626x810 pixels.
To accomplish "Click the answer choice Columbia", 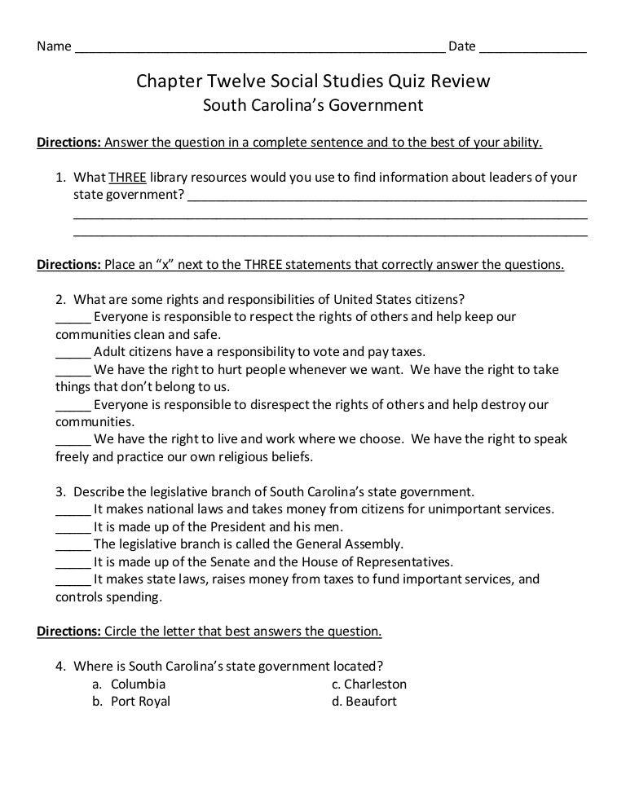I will (x=138, y=684).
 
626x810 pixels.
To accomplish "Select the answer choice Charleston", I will (x=375, y=684).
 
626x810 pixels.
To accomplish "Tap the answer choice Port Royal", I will (x=140, y=701).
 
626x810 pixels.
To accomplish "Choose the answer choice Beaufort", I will (x=370, y=701).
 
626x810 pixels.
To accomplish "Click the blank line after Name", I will (x=259, y=46).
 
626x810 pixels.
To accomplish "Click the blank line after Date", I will (x=532, y=46).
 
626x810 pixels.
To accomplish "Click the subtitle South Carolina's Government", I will (x=312, y=105).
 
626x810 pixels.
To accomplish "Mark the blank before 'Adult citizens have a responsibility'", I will (x=73, y=353).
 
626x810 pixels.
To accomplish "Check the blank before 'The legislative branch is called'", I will (x=73, y=544).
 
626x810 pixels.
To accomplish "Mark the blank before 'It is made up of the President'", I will (x=73, y=526).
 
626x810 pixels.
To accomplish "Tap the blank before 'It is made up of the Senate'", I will (x=73, y=561).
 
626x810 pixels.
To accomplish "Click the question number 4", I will (x=60, y=666).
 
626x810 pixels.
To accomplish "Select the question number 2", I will (x=60, y=298).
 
